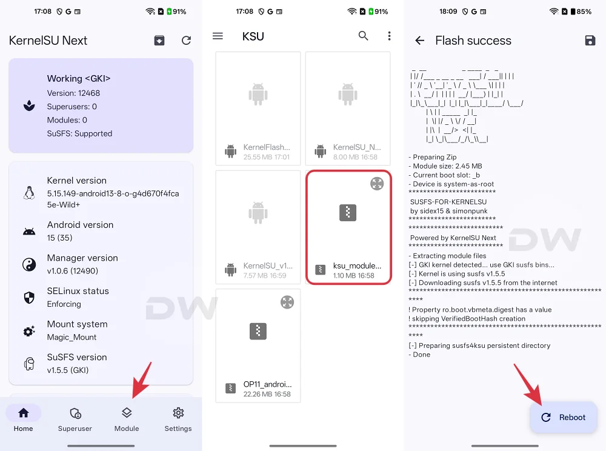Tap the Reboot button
[564, 417]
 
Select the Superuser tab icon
[75, 413]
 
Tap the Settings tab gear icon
[178, 413]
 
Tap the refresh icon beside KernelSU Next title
[186, 41]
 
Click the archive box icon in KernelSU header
[159, 41]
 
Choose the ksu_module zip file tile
[348, 227]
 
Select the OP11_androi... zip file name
[267, 384]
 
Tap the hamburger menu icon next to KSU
[218, 36]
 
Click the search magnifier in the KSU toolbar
[363, 36]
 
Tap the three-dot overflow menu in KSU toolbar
[389, 36]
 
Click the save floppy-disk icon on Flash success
[590, 41]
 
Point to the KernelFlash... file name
[267, 147]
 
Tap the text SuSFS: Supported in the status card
[79, 133]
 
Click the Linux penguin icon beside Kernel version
[28, 192]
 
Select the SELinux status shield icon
[28, 297]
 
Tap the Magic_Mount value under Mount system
[72, 337]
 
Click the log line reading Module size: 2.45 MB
[445, 166]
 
